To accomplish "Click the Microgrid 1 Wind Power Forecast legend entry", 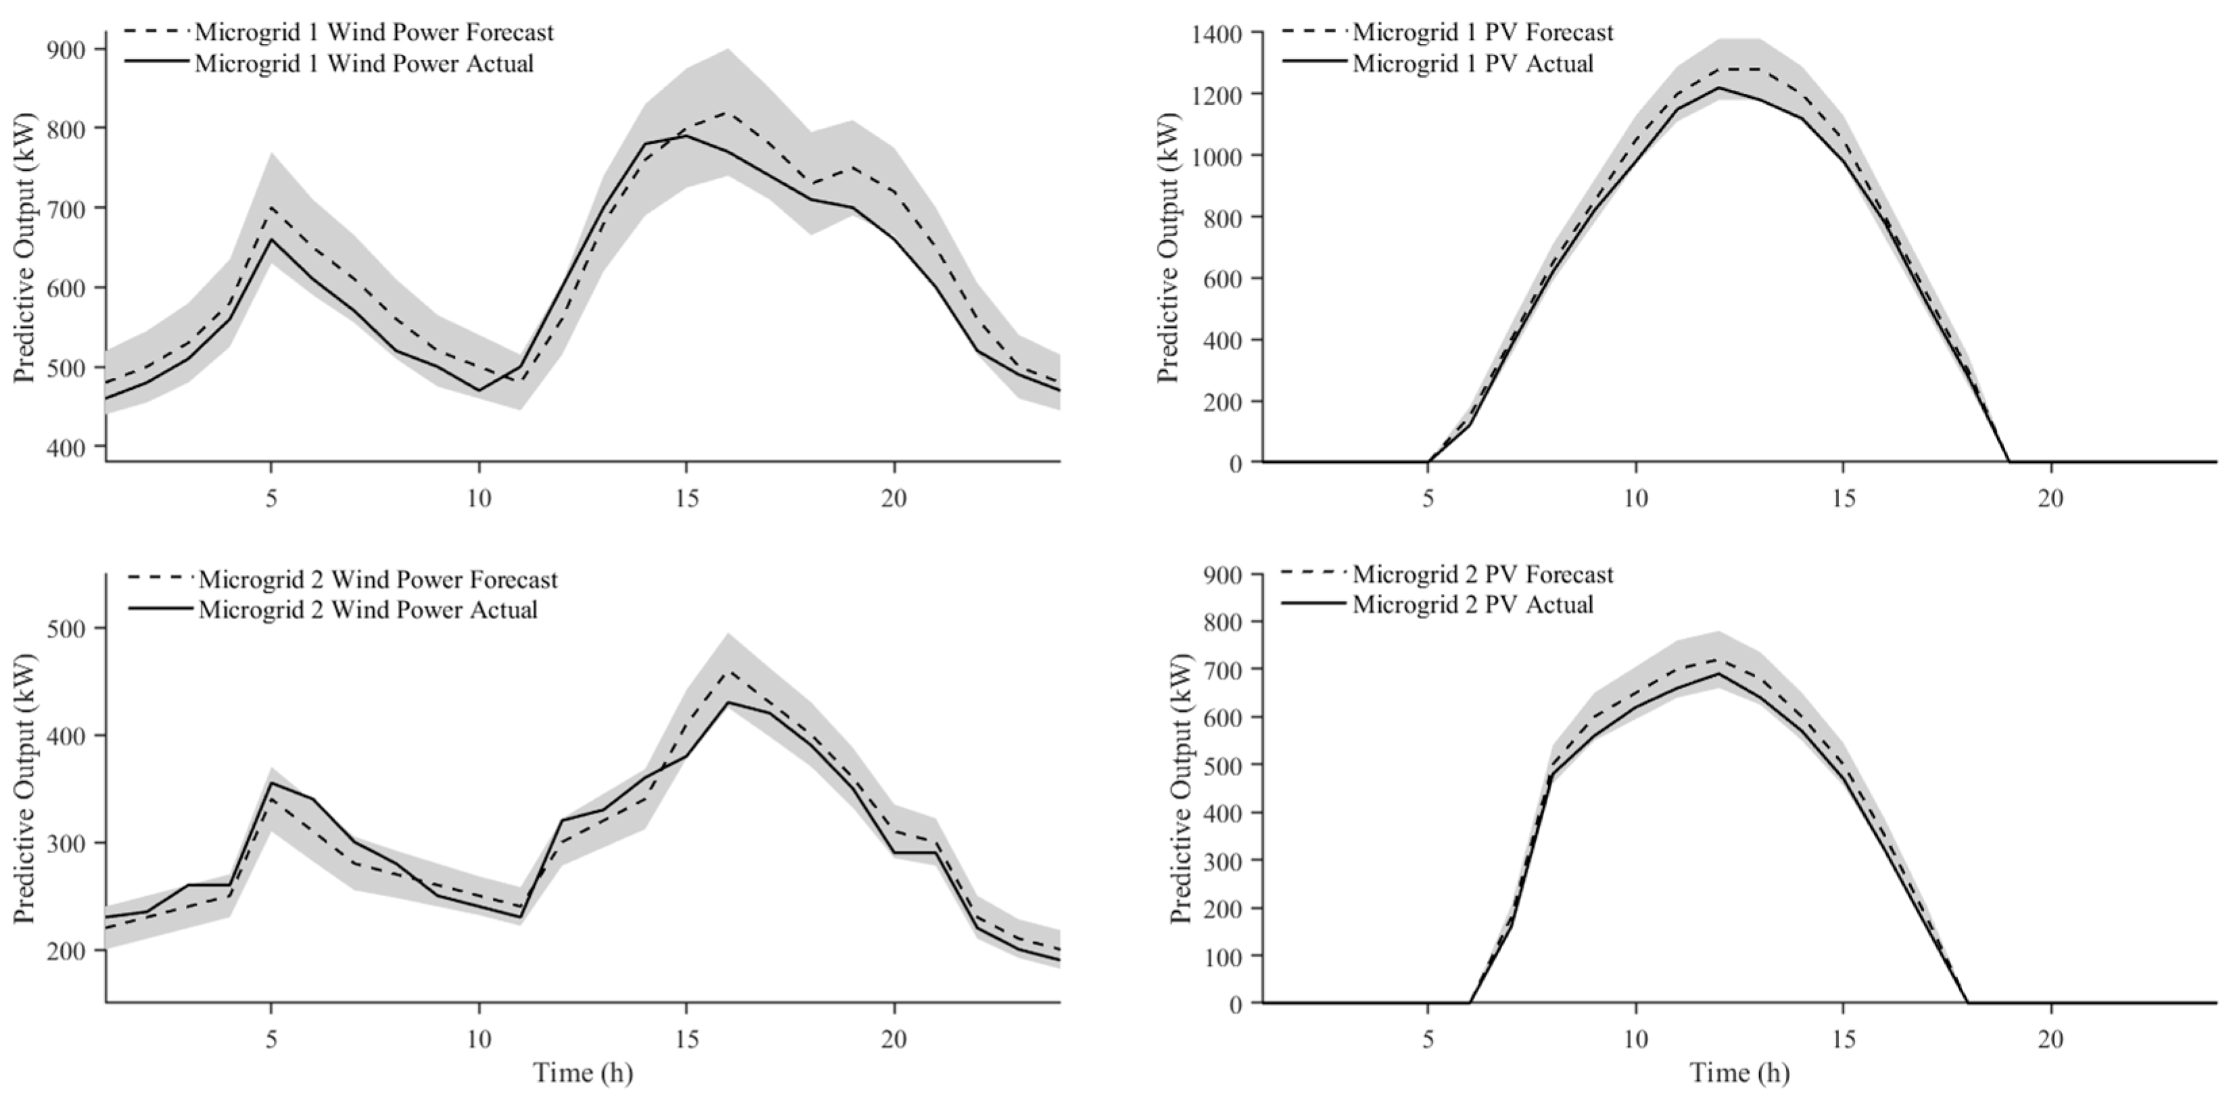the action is pos(339,32).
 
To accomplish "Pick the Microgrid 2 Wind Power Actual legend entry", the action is pos(333,609).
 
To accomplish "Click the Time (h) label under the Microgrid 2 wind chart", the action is pos(583,1073).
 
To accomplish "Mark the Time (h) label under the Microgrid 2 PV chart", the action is pos(1739,1073).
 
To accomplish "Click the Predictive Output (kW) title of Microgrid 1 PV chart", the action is pos(1169,247).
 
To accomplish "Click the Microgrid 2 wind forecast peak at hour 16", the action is pos(728,670).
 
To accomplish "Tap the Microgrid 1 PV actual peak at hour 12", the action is pos(1719,88).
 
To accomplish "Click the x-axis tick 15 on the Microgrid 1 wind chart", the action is pos(686,499).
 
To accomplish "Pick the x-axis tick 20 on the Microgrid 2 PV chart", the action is pos(2051,1039).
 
